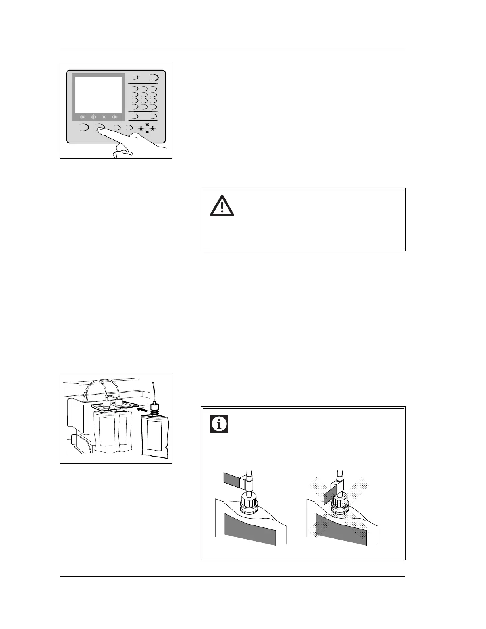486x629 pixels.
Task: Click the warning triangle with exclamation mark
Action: [222, 206]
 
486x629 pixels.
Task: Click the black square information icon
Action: [219, 424]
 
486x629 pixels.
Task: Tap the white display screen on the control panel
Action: [98, 95]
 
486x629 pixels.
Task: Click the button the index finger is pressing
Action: [100, 127]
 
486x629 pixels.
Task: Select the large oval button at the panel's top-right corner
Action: [153, 77]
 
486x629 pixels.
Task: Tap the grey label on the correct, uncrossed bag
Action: [250, 529]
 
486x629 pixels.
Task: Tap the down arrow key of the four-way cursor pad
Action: [147, 132]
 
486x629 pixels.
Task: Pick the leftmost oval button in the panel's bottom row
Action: [84, 127]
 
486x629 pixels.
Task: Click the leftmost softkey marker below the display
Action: [83, 117]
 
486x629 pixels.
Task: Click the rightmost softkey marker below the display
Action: [115, 117]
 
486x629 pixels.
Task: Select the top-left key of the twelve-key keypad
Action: [135, 89]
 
